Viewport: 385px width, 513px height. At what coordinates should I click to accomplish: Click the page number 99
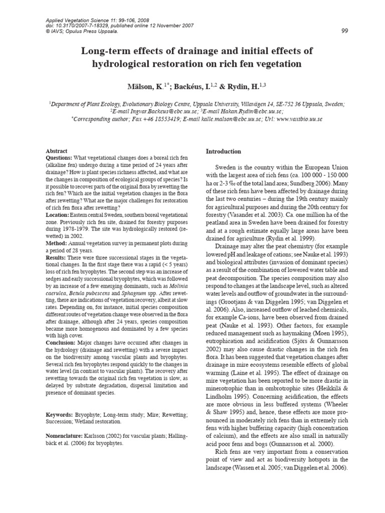[344, 31]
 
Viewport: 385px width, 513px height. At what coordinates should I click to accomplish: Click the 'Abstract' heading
[57, 151]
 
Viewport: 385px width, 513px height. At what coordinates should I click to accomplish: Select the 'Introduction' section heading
[224, 151]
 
